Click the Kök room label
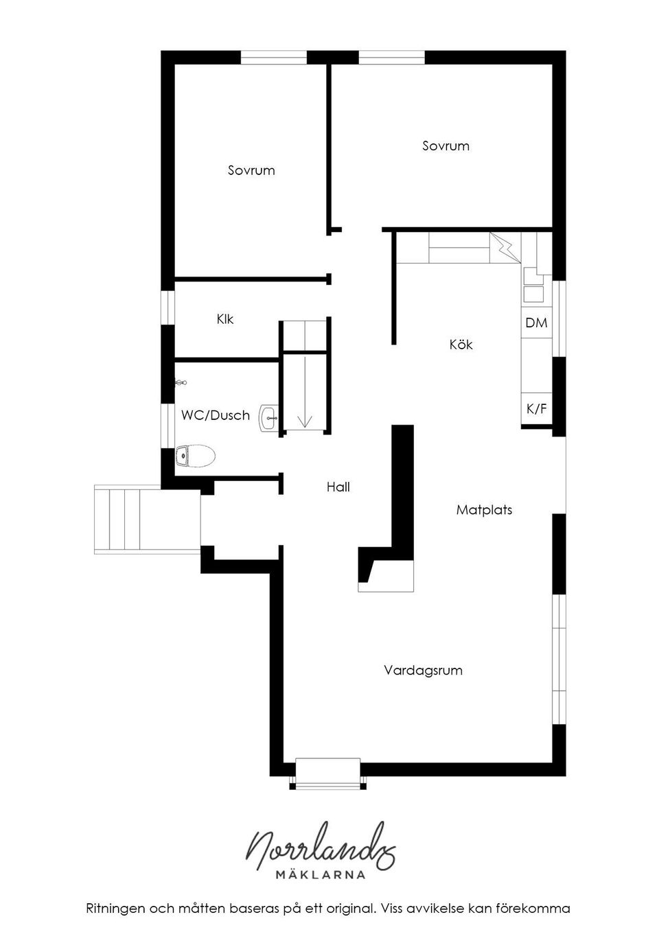(x=461, y=345)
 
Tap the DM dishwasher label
(x=536, y=323)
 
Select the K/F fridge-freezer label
(x=536, y=409)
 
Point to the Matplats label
(x=484, y=510)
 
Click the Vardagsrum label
(x=423, y=670)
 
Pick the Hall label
(x=338, y=487)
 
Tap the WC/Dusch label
(x=215, y=415)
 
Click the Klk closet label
(x=225, y=319)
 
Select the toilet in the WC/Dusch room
(x=195, y=455)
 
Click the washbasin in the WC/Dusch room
(x=268, y=417)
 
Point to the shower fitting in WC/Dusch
(x=181, y=383)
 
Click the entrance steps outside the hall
(x=127, y=519)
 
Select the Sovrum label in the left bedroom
(x=251, y=170)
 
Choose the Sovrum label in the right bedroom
(x=446, y=145)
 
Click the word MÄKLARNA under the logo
(x=320, y=874)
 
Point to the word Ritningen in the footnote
(x=114, y=909)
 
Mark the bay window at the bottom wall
(x=327, y=774)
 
